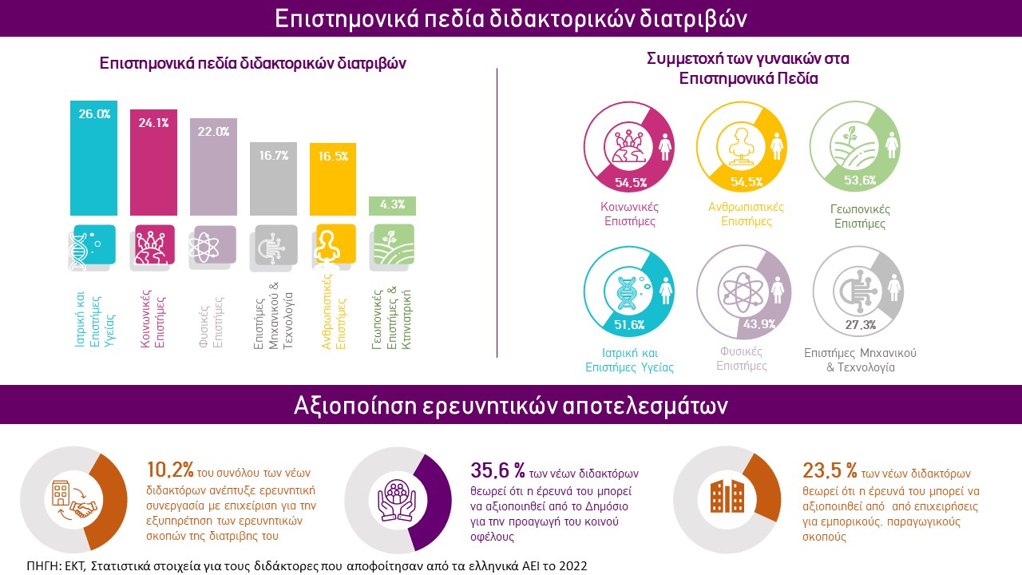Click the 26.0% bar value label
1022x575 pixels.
tap(94, 114)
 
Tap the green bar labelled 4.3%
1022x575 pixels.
tap(393, 205)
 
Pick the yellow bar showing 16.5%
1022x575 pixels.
tap(333, 180)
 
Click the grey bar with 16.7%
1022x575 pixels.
tap(274, 180)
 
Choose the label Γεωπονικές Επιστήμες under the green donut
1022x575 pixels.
tap(859, 216)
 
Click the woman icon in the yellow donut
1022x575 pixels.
tap(776, 146)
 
